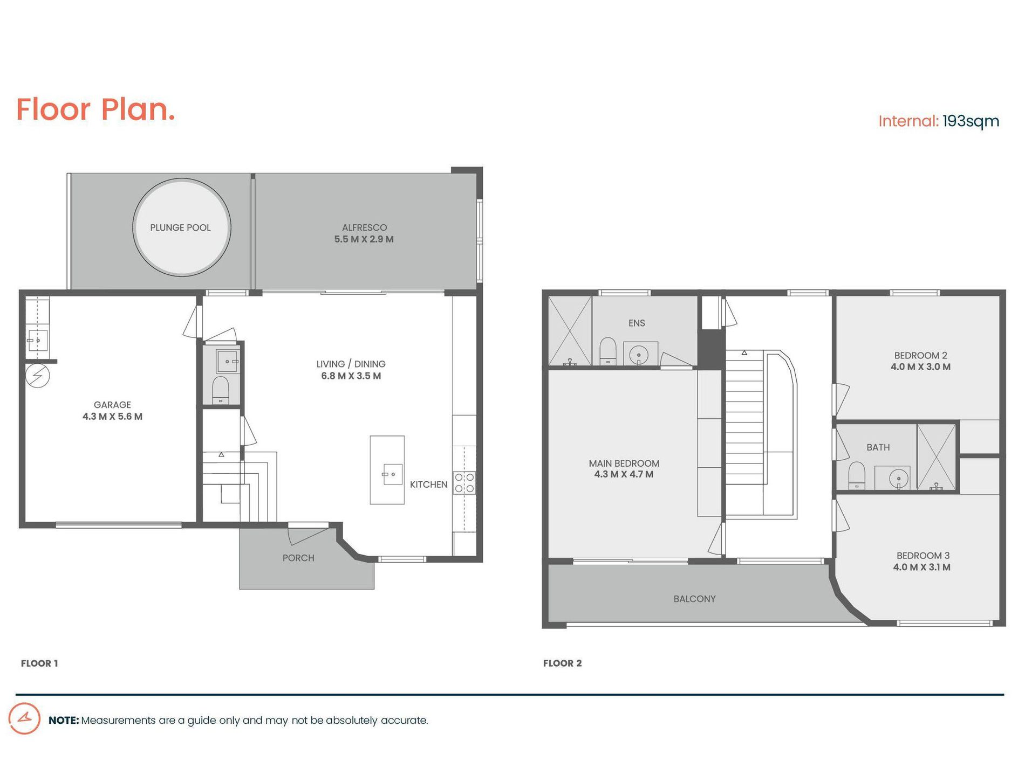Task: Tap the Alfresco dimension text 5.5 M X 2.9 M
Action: point(364,239)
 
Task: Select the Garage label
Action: point(112,405)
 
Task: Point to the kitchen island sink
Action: point(392,474)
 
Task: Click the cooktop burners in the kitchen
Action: point(464,483)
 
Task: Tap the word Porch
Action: point(298,558)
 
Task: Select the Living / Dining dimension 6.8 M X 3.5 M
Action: point(351,376)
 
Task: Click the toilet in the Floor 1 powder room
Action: point(221,388)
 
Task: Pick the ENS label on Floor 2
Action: point(637,323)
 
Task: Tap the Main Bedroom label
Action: point(624,463)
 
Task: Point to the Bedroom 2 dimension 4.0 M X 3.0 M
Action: point(920,367)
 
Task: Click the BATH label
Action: point(878,447)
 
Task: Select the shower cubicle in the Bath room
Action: point(936,457)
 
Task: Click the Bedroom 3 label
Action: point(922,556)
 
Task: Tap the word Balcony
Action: point(694,599)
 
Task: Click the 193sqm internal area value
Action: point(971,121)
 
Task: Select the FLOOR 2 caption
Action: point(562,663)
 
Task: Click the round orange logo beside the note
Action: point(24,718)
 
